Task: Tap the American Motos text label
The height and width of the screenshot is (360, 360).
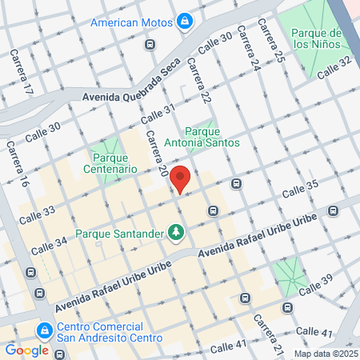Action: tap(132, 22)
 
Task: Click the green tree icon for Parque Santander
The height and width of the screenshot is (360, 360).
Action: tap(175, 233)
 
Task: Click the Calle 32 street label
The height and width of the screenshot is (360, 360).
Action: tap(334, 66)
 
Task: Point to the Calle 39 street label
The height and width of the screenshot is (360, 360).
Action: tap(315, 286)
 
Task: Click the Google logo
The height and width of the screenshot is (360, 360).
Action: tap(26, 350)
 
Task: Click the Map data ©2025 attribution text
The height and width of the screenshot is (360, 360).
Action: tap(325, 354)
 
